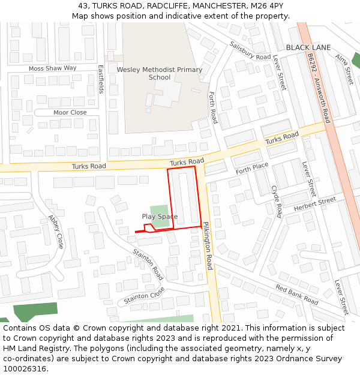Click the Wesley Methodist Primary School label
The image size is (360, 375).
[160, 73]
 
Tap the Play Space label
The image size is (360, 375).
[160, 216]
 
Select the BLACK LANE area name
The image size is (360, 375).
[308, 47]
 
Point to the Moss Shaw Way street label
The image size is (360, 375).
[53, 68]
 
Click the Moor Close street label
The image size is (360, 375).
[70, 112]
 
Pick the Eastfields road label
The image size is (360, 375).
[101, 79]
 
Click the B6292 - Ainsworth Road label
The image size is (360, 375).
[318, 88]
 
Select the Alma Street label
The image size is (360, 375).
[344, 68]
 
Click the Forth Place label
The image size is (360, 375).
[252, 169]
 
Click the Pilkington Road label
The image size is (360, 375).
[207, 245]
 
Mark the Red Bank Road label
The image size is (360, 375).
[297, 294]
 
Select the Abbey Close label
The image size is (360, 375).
[56, 232]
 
